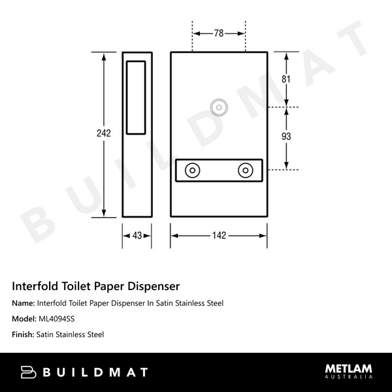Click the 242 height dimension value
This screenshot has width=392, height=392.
point(103,133)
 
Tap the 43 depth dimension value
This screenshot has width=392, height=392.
point(137,235)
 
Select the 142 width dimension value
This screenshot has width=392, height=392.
point(219,235)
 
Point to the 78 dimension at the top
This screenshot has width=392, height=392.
point(218,33)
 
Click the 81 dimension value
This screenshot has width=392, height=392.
point(286,79)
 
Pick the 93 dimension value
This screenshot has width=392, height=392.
point(286,137)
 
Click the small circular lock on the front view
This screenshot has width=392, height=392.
point(219,106)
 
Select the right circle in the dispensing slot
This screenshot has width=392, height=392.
point(246,170)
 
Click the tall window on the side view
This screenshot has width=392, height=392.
point(137,96)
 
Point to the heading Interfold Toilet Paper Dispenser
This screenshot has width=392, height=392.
point(96,286)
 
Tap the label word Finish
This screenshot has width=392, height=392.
point(23,335)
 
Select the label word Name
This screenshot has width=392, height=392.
point(24,303)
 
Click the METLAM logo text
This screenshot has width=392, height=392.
point(349,368)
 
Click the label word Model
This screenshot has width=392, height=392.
point(24,319)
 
